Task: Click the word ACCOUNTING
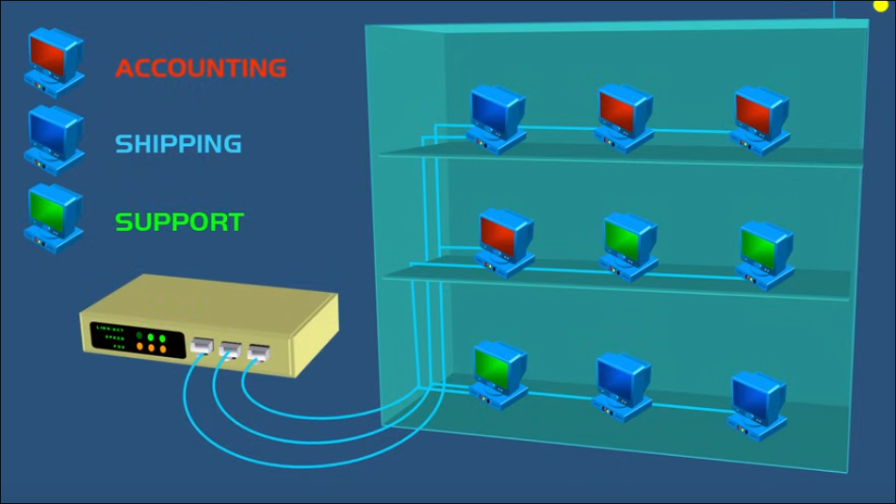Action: tap(201, 68)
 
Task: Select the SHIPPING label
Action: tap(178, 144)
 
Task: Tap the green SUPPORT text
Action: tap(179, 222)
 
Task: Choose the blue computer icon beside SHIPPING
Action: tap(55, 139)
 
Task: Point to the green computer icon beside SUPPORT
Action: tap(55, 217)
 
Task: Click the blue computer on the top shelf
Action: tap(497, 119)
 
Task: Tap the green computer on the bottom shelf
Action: tap(499, 373)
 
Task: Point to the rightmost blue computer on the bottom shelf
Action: tap(758, 403)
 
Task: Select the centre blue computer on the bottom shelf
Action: tap(623, 385)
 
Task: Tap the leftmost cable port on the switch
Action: tap(202, 345)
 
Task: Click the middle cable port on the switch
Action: tap(231, 350)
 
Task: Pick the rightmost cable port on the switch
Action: tap(258, 352)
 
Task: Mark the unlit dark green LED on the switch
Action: tap(138, 335)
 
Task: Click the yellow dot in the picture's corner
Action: tap(881, 6)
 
